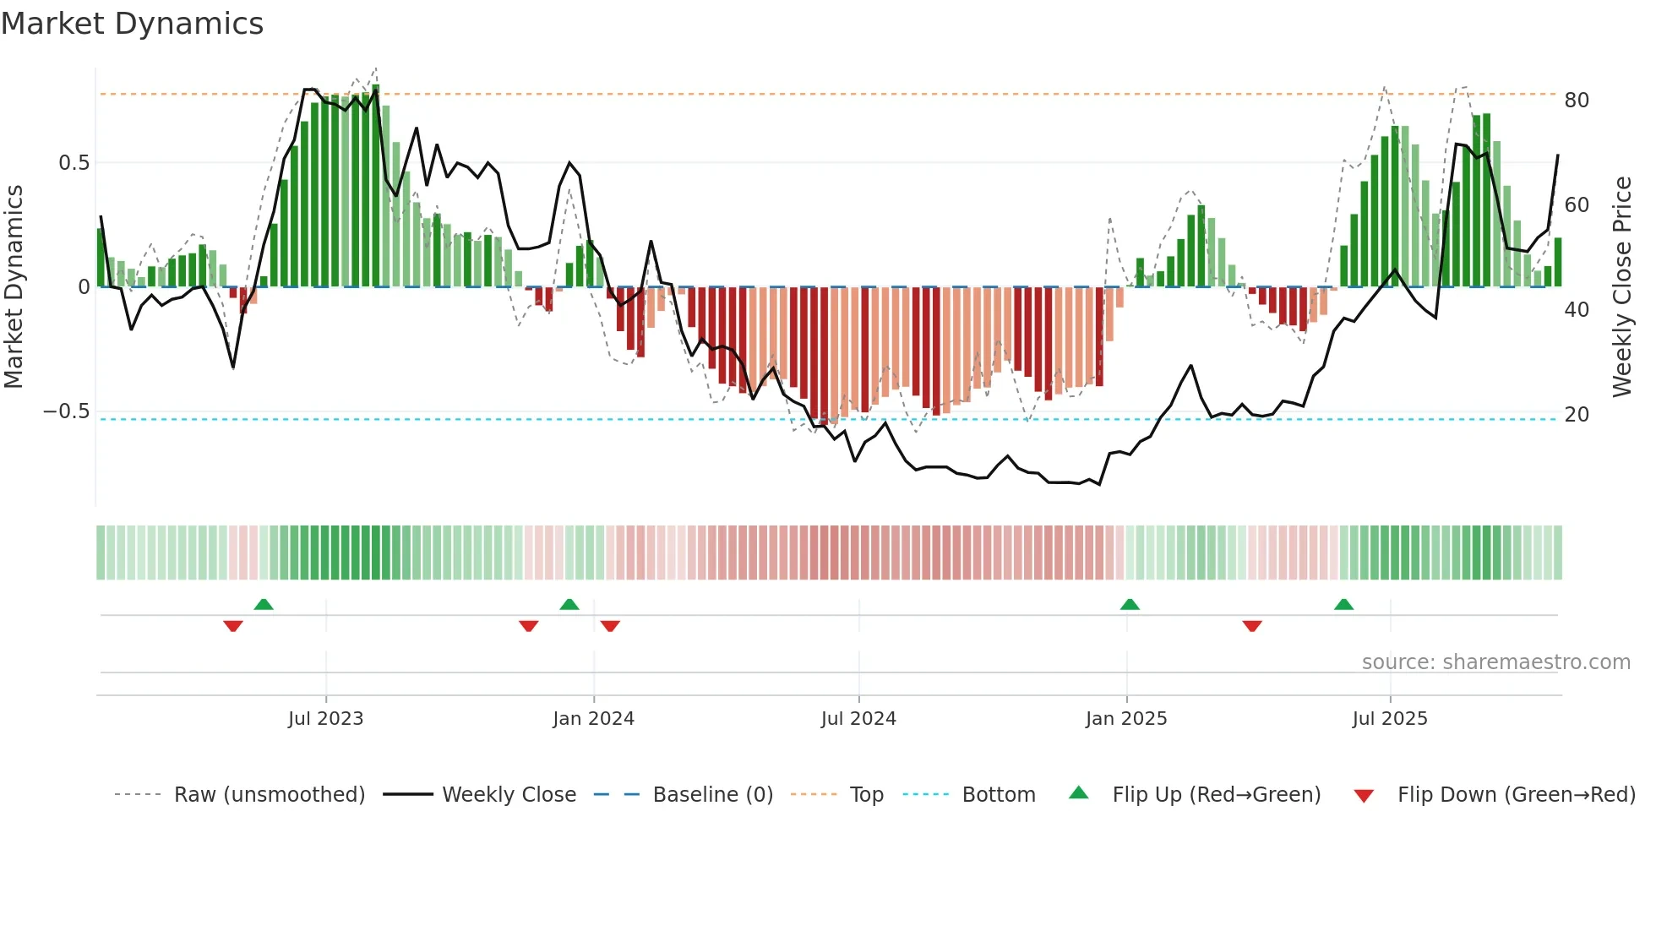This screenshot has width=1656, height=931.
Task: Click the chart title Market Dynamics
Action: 133,24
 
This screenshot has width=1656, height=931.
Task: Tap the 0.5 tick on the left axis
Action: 74,163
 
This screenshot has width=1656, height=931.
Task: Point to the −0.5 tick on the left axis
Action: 67,411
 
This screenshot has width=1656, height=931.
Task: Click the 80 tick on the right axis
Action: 1577,101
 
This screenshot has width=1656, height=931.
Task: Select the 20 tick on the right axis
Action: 1577,415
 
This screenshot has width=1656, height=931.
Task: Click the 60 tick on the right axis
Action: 1577,205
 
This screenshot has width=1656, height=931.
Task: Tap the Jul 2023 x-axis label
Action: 325,719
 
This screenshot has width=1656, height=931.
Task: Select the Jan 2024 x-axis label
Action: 593,719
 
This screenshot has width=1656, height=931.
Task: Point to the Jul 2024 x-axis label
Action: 858,719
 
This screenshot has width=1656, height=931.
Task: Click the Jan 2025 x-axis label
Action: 1126,719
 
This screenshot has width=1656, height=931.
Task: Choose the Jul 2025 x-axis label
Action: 1390,719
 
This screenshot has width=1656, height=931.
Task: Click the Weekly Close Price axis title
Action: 1622,286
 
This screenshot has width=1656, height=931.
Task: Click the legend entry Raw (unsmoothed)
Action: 270,795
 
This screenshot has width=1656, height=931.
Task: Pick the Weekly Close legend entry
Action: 509,795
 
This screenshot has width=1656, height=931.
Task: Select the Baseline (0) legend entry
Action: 713,795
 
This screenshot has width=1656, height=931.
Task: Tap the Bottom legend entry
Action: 999,795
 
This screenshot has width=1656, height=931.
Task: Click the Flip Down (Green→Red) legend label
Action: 1516,795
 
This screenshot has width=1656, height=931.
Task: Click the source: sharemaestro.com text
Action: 1496,662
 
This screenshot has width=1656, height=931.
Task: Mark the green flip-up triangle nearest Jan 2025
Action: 1130,604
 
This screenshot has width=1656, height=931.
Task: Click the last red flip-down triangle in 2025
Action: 1252,626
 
